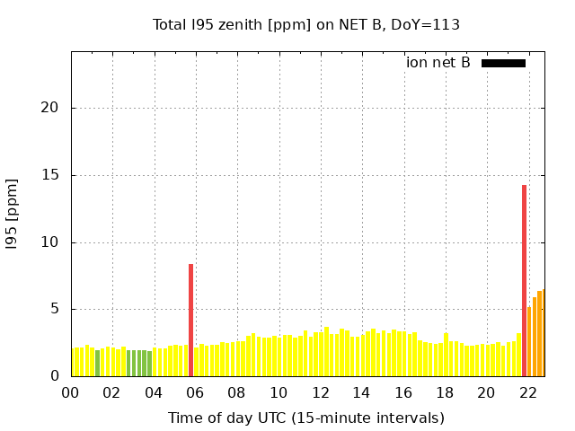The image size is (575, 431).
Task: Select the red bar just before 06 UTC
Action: [x=190, y=320]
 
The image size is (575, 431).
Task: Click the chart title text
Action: [x=306, y=24]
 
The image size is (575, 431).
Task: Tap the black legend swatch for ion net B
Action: [x=503, y=63]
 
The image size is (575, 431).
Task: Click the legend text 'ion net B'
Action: [x=438, y=63]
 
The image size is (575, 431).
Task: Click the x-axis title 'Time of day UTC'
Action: [x=306, y=418]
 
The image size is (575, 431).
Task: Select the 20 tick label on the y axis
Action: [x=51, y=108]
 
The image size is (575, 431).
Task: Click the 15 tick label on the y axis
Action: [x=51, y=175]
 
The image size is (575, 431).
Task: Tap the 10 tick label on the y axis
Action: [x=51, y=242]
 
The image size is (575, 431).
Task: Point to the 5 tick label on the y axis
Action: [x=55, y=309]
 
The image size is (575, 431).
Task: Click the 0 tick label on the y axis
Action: [x=55, y=376]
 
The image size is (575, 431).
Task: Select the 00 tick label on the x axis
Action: [x=70, y=392]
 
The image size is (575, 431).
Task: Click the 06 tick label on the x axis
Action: [x=195, y=392]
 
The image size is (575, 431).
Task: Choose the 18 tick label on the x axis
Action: [x=445, y=392]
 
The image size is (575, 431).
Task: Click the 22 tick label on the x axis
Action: [x=528, y=392]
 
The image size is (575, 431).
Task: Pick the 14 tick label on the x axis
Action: [x=361, y=392]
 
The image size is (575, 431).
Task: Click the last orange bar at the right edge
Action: [x=540, y=333]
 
